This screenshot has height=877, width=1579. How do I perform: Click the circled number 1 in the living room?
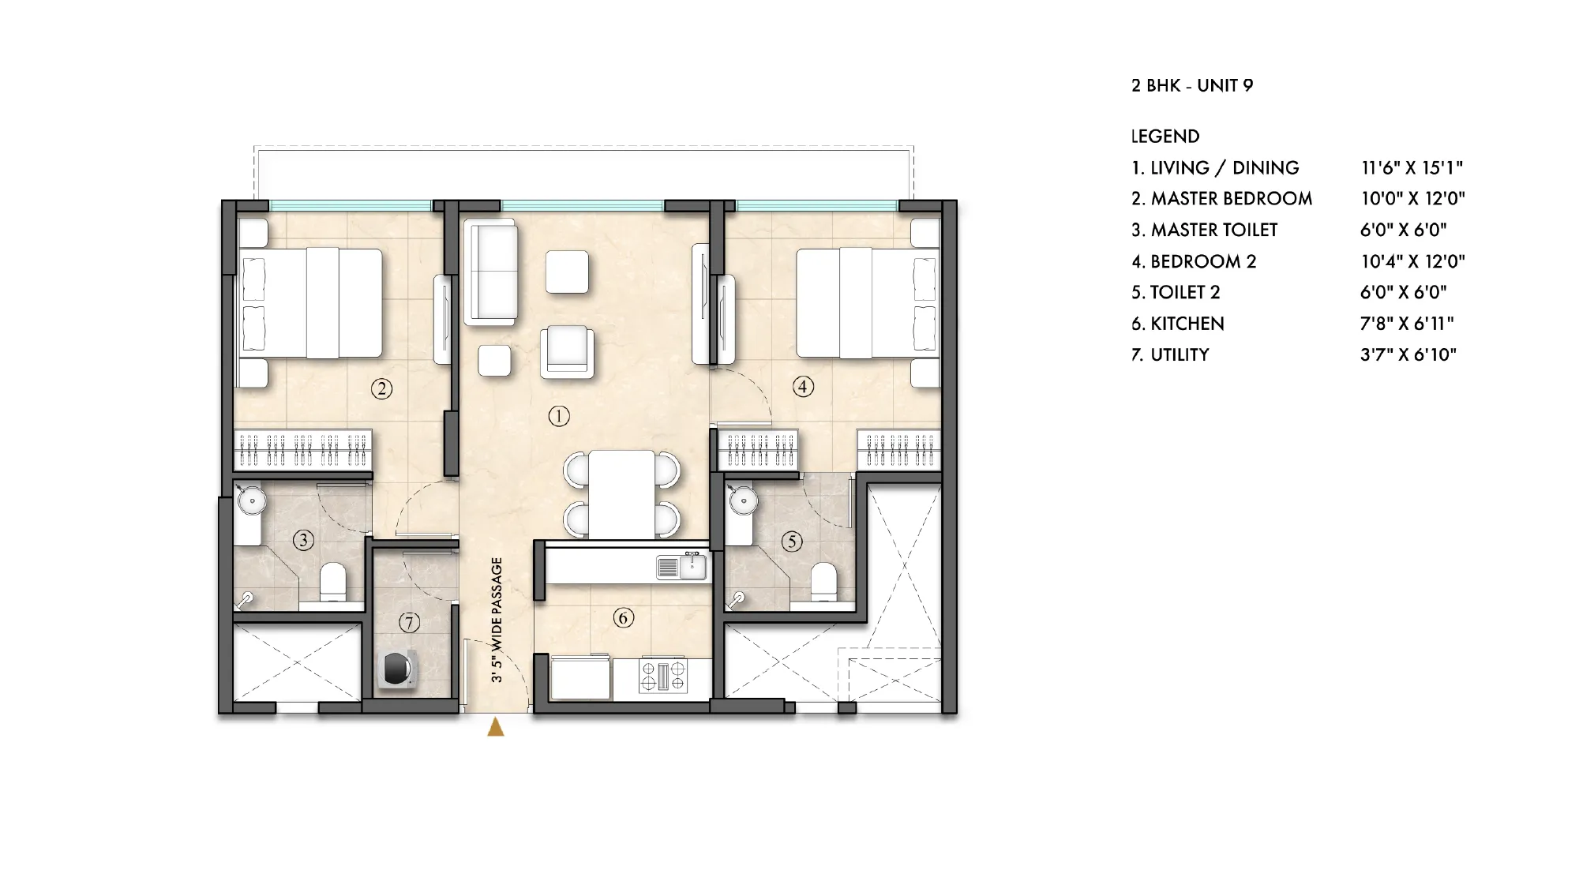pos(559,416)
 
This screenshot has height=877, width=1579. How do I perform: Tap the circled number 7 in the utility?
pos(408,623)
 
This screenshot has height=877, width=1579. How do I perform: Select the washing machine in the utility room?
pos(396,669)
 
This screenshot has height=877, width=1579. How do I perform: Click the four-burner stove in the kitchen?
pos(662,676)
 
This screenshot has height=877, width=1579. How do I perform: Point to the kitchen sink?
pos(681,567)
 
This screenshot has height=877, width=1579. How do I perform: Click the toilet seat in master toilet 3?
pos(332,582)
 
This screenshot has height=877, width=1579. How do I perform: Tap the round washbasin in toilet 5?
pos(743,500)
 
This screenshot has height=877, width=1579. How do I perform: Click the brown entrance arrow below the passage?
pos(496,727)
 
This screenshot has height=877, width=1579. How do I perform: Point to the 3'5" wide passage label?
pos(497,620)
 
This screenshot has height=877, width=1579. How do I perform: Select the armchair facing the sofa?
pos(567,351)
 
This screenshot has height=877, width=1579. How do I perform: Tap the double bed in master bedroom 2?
pos(312,303)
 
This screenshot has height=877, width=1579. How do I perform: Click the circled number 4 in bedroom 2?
pos(803,387)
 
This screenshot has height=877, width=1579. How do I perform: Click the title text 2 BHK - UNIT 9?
pos(1192,85)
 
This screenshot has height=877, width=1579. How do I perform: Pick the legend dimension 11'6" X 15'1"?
pos(1412,167)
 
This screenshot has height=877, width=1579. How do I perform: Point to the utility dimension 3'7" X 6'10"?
pos(1408,354)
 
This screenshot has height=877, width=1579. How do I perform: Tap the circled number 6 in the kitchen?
pos(623,617)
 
